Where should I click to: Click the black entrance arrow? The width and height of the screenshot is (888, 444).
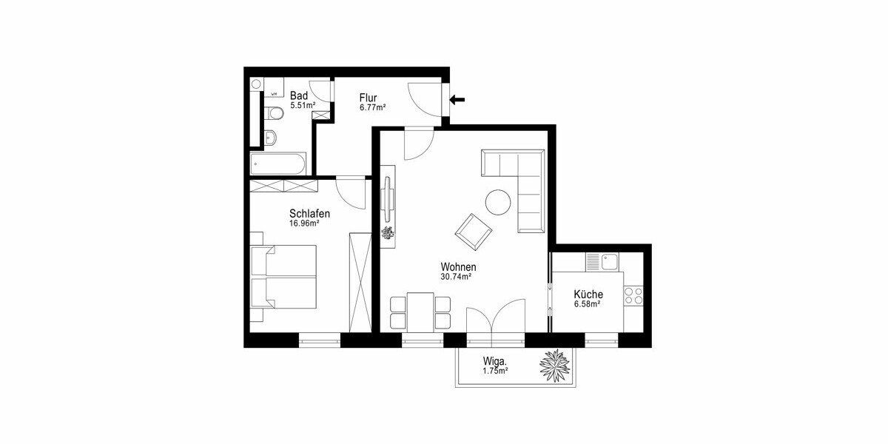pos(457,99)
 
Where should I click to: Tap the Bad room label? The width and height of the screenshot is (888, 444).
pos(298,95)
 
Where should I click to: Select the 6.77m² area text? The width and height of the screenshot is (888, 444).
pos(373,107)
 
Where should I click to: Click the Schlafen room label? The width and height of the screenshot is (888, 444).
pos(309,214)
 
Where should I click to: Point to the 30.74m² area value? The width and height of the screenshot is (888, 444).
pos(456,277)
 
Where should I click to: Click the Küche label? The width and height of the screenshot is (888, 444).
pos(588,295)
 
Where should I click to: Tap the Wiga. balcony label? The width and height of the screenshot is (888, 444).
pos(495,362)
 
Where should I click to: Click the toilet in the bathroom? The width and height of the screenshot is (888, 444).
pos(274,113)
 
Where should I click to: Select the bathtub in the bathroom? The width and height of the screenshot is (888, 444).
pos(278,164)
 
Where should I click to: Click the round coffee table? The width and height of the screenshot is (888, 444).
pos(498,202)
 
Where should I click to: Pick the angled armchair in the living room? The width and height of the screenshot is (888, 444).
pos(474,232)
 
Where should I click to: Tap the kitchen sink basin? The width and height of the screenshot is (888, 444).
pos(610,262)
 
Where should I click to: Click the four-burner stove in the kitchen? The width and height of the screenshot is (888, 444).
pos(633,296)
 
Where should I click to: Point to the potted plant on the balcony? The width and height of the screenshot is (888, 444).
pos(555,366)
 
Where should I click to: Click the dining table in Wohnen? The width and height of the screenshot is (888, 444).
pos(420,312)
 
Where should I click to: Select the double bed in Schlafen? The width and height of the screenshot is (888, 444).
pos(283,276)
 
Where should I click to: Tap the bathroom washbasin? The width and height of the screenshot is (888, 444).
pos(271,138)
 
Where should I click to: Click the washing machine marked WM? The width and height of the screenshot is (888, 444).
pos(274,87)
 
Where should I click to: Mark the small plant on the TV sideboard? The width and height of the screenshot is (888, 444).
pos(387,232)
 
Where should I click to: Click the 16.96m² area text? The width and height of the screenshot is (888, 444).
pos(304,223)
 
